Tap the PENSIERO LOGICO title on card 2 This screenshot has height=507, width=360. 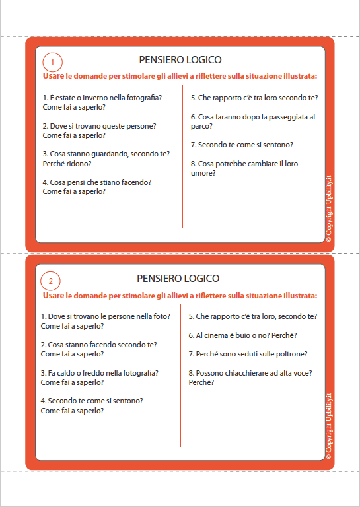pyautogui.click(x=178, y=279)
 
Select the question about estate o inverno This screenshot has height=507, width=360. pyautogui.click(x=102, y=98)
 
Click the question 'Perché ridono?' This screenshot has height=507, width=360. pyautogui.click(x=67, y=163)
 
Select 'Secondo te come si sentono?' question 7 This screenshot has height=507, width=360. pyautogui.click(x=242, y=145)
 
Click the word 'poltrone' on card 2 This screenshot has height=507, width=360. pyautogui.click(x=292, y=354)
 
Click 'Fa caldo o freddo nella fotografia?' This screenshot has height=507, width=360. pyautogui.click(x=100, y=373)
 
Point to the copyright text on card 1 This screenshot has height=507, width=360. pyautogui.click(x=329, y=209)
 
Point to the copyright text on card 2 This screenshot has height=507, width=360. pyautogui.click(x=328, y=424)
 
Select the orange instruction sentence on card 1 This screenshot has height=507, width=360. pyautogui.click(x=180, y=77)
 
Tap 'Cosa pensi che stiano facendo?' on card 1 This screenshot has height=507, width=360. pyautogui.click(x=97, y=182)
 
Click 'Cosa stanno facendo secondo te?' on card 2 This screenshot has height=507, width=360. pyautogui.click(x=98, y=345)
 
